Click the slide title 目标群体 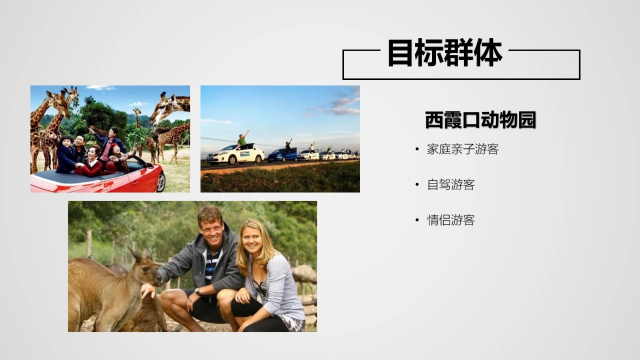coord(444,53)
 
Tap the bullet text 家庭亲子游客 coord(462,149)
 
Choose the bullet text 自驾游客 coord(451,185)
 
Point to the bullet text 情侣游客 coord(451,220)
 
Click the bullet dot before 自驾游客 coord(417,185)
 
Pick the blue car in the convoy coord(282,155)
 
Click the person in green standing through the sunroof coord(243,140)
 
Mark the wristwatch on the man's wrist coord(198,292)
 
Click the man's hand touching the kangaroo coord(148,291)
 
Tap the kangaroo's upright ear coord(133,254)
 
